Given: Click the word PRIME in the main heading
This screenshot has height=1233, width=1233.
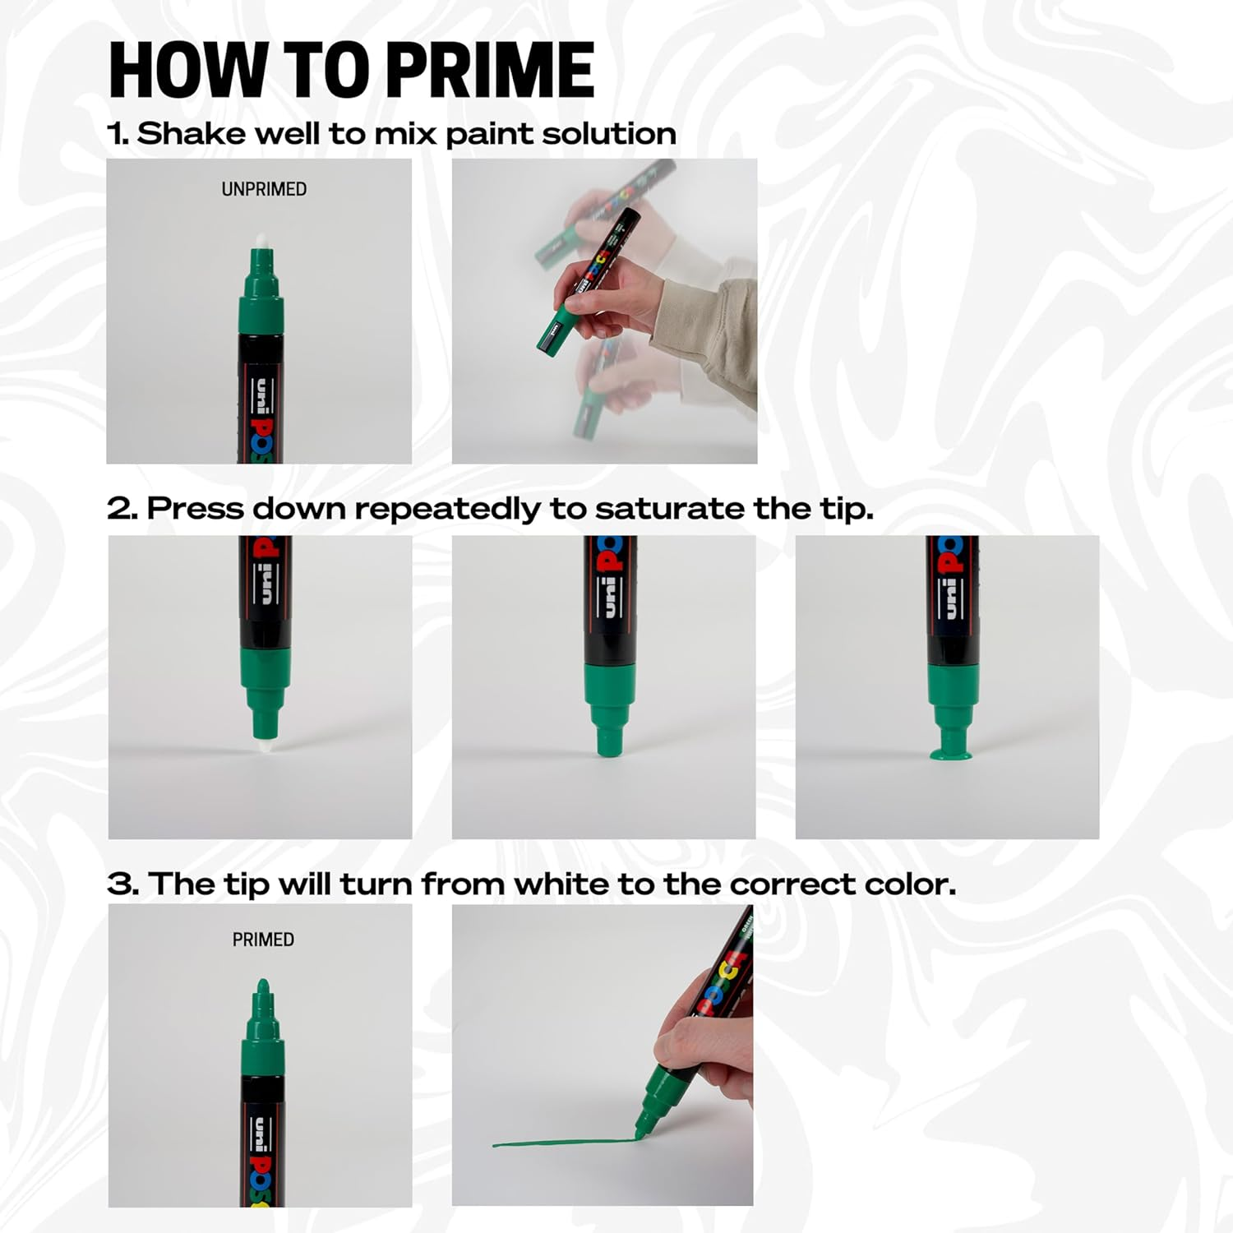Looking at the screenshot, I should pos(489,71).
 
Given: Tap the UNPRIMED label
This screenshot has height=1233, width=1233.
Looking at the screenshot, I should pos(264,189).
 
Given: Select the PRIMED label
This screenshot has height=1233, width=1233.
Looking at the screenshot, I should pos(263,940).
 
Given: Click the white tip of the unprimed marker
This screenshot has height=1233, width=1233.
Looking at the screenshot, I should pos(261,239).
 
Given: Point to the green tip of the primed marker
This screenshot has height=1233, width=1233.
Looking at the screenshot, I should pos(263,988).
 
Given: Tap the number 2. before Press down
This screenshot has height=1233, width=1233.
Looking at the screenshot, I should pos(122,509).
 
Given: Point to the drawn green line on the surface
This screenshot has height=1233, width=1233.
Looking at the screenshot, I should pos(559,1142).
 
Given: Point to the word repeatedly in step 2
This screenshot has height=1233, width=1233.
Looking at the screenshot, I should pos(449,509).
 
